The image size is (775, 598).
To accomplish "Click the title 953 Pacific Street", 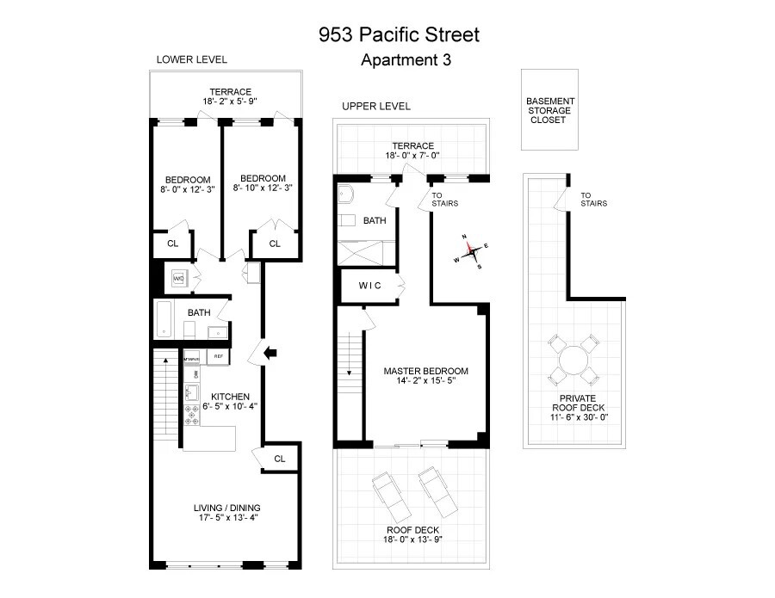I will click(399, 35).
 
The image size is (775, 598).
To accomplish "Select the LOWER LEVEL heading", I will click(191, 59).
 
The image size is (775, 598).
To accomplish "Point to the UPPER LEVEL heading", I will click(376, 106).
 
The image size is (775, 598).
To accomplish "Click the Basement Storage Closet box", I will click(550, 110).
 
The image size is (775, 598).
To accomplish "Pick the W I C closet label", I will click(370, 285).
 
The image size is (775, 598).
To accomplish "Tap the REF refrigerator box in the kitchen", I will click(219, 355).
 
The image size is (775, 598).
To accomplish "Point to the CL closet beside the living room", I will click(280, 458).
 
